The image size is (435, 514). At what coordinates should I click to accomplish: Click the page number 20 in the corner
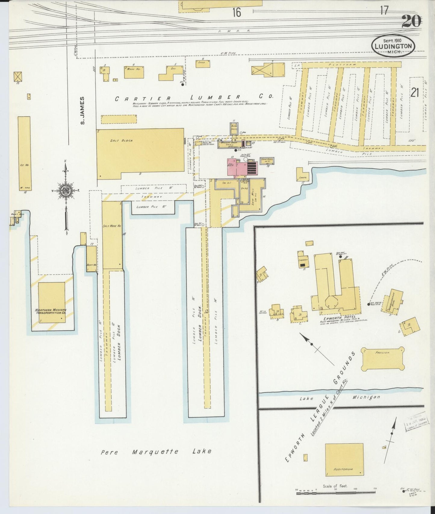(411, 21)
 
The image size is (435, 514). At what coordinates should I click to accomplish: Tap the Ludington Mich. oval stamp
(393, 46)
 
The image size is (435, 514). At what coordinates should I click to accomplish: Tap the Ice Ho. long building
(24, 153)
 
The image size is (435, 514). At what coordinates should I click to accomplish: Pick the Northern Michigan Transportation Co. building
(51, 302)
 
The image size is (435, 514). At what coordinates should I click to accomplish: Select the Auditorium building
(344, 460)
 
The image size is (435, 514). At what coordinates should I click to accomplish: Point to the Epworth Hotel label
(338, 317)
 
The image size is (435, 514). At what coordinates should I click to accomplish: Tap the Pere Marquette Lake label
(156, 451)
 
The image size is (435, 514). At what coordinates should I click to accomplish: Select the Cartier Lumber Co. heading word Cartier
(143, 98)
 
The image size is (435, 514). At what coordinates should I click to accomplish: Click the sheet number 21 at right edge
(415, 93)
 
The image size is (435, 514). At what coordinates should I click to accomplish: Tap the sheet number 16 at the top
(237, 12)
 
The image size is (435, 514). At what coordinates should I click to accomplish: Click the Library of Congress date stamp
(416, 422)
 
